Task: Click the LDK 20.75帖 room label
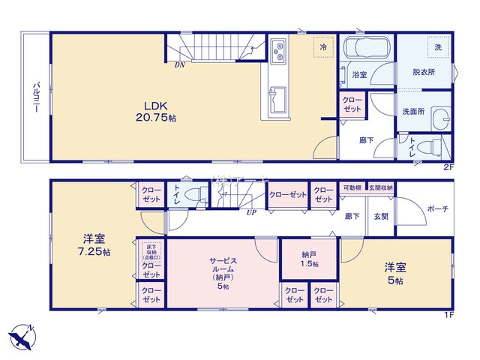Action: (x=155, y=111)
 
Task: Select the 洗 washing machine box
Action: (x=438, y=46)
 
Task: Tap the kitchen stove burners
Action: (x=279, y=51)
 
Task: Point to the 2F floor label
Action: (x=448, y=166)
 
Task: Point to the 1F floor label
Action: (x=448, y=315)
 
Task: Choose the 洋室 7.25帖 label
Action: (x=97, y=245)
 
